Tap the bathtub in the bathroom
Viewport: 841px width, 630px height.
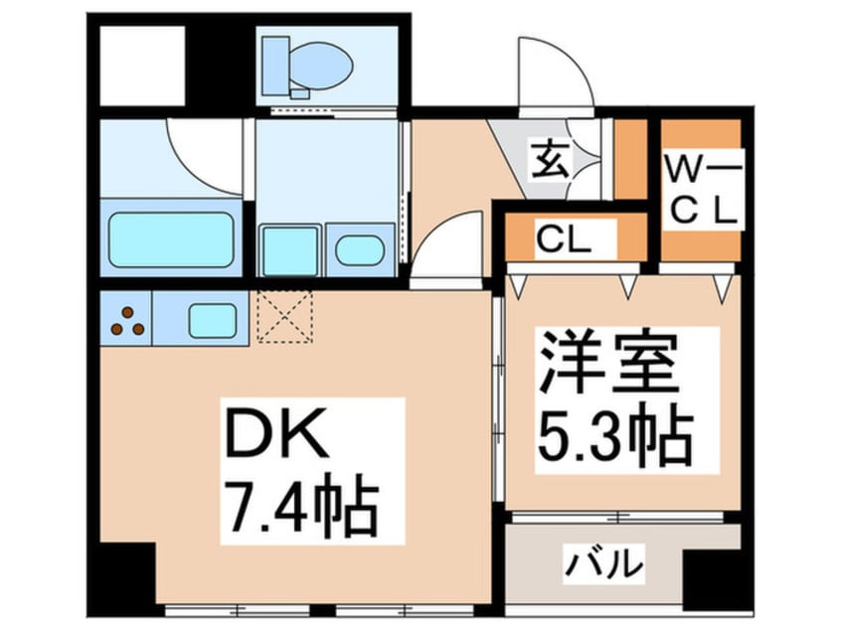click(171, 239)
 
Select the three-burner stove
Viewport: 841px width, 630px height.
click(126, 320)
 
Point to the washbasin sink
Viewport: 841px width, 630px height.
click(359, 249)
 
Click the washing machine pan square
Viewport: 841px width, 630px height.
click(289, 249)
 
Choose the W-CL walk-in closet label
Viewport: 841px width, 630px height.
click(701, 191)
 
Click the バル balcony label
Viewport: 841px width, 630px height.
click(604, 565)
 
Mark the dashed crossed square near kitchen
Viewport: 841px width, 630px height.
click(285, 316)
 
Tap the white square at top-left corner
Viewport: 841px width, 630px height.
click(141, 65)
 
